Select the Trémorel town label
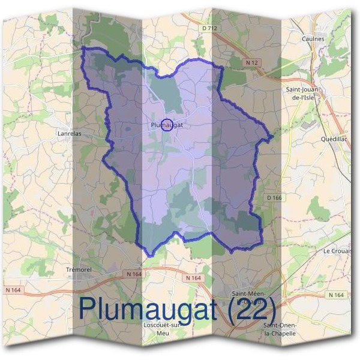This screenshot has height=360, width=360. pyautogui.click(x=79, y=270)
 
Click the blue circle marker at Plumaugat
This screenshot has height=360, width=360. pyautogui.click(x=166, y=125)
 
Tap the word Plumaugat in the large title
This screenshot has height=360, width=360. pyautogui.click(x=149, y=308)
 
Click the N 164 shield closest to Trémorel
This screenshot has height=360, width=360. pyautogui.click(x=134, y=274)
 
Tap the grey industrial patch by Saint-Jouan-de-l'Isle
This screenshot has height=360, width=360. pyautogui.click(x=309, y=124)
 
